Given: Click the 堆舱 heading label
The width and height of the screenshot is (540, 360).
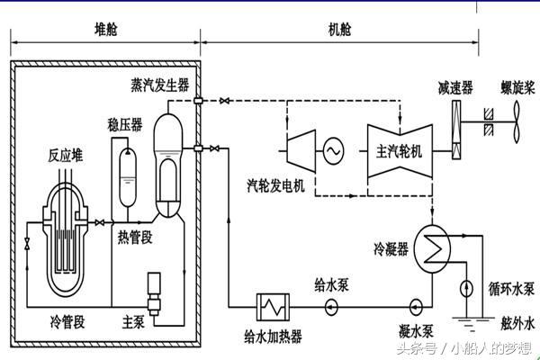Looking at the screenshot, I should [x=106, y=29].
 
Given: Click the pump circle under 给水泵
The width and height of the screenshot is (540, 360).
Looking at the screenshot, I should [x=332, y=304].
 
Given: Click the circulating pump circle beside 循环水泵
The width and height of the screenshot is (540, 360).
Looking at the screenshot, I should [x=465, y=289].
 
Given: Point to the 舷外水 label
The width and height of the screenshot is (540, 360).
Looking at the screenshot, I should [x=517, y=320].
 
